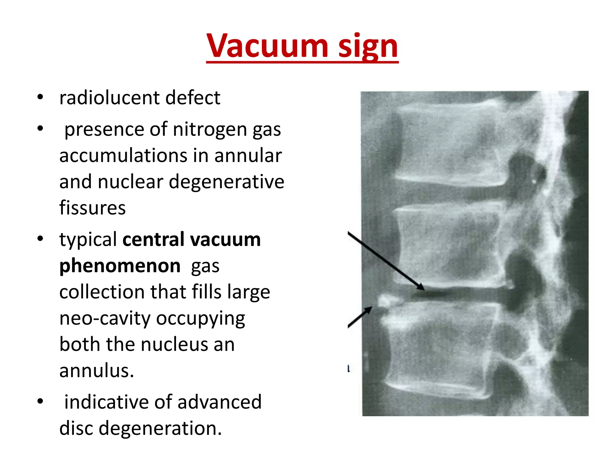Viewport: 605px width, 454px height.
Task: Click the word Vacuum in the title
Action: [267, 46]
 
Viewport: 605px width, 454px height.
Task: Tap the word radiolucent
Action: [109, 98]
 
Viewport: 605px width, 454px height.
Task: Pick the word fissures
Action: [92, 208]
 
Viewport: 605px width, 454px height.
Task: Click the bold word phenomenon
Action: [120, 265]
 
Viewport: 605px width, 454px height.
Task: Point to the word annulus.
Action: [96, 370]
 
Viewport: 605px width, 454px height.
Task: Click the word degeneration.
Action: [160, 428]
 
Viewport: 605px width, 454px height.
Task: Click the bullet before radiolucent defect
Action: [40, 97]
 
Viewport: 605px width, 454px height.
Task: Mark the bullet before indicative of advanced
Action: [40, 401]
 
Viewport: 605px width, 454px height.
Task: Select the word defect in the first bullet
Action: [193, 98]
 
